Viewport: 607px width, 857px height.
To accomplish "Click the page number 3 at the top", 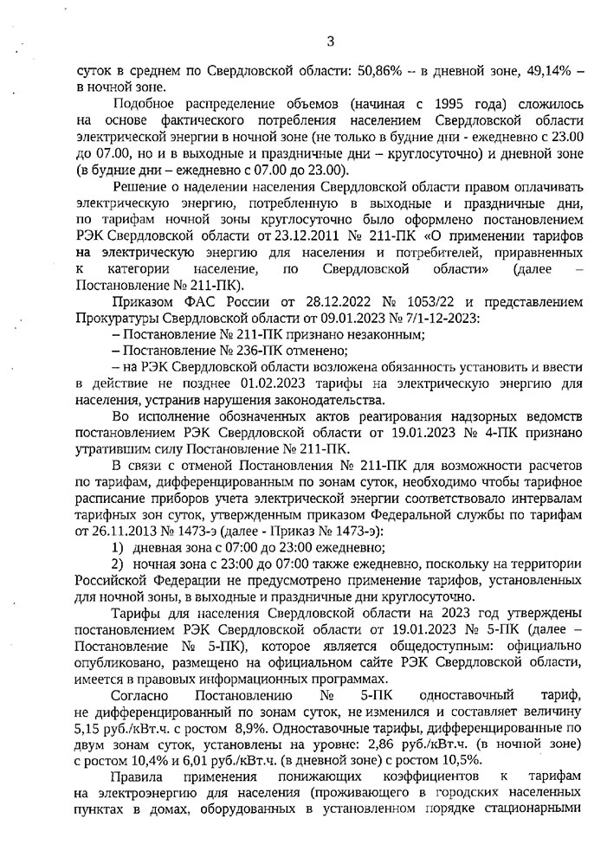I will click(x=331, y=40).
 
